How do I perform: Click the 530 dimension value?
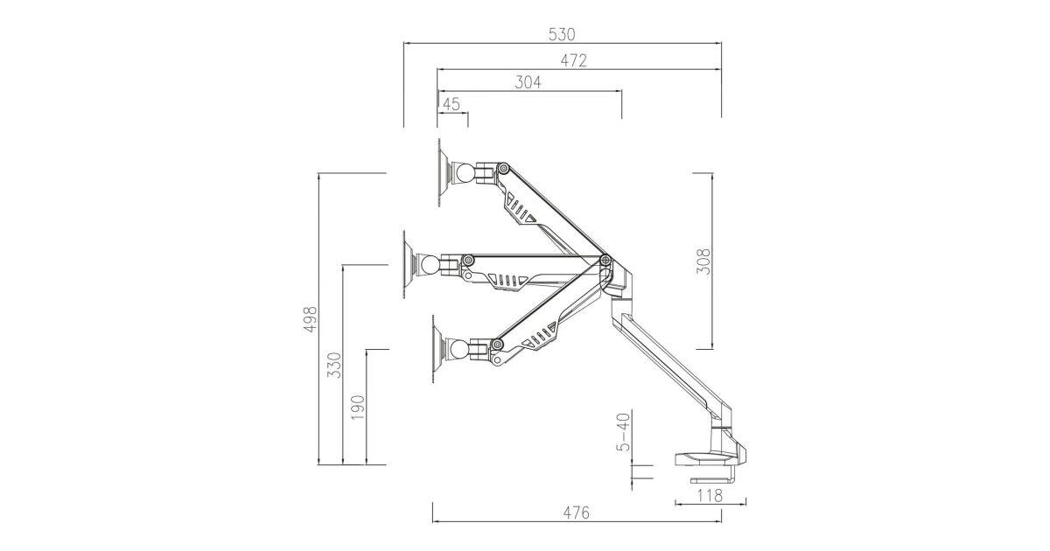pos(561,34)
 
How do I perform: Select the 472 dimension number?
pos(573,60)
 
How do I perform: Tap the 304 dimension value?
pos(528,82)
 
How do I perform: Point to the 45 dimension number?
pos(451,104)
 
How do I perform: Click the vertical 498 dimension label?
pos(311,319)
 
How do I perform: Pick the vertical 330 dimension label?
pos(334,366)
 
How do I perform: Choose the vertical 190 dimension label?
pos(358,408)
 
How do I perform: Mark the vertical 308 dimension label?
pos(703,262)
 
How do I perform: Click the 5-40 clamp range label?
pos(623,431)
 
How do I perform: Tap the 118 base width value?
pos(710,495)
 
